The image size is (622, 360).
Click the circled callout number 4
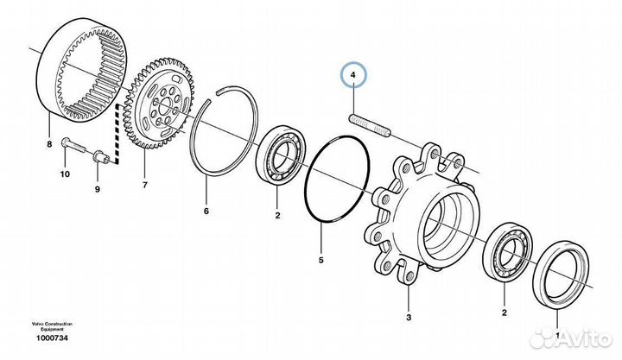pyautogui.click(x=354, y=76)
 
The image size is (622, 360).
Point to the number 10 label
pyautogui.click(x=64, y=174)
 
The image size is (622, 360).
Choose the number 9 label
pyautogui.click(x=97, y=188)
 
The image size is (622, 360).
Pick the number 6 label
pyautogui.click(x=206, y=210)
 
